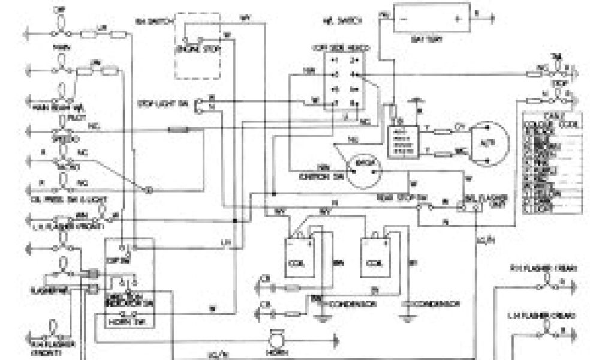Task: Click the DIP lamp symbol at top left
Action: click(59, 20)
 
